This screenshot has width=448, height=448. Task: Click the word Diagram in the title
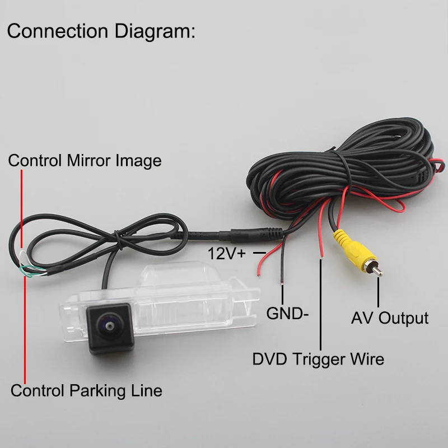coord(155,32)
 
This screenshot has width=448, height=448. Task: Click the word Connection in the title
coord(58,31)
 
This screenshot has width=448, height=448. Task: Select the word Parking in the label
coord(97,391)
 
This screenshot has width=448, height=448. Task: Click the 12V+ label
coord(227,254)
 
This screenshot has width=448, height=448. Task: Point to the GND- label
coord(287,313)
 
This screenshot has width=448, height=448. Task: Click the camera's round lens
coord(109,325)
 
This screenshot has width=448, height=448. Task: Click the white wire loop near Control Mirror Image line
coord(23,257)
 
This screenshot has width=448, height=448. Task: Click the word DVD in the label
coord(269,359)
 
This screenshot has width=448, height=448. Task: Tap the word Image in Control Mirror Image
coord(138,161)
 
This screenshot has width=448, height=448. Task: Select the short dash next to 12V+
coord(259,253)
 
